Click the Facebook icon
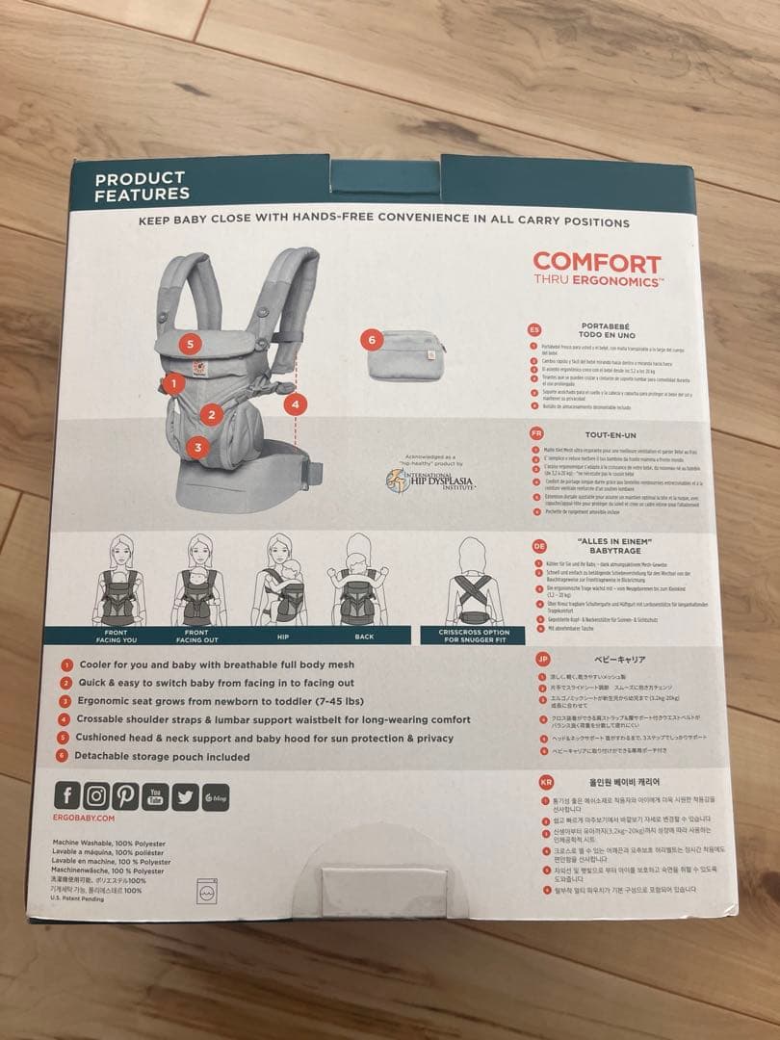click(x=67, y=795)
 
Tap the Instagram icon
click(x=96, y=795)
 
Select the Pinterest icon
click(x=125, y=795)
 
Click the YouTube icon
click(x=155, y=795)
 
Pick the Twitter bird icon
click(x=185, y=796)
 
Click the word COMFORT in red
click(x=597, y=263)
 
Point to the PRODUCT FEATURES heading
click(x=141, y=185)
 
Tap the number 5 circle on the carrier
click(x=191, y=343)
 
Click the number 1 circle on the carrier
click(x=172, y=383)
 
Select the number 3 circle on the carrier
click(x=197, y=446)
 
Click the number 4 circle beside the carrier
click(x=296, y=404)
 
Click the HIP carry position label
click(x=280, y=637)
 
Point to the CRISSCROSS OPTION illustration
click(x=475, y=583)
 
